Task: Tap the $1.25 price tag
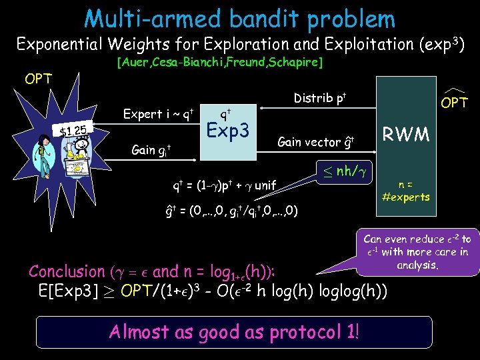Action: coord(73,130)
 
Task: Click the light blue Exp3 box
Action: coord(229,131)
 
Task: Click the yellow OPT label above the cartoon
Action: coord(38,79)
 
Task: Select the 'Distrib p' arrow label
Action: coord(320,99)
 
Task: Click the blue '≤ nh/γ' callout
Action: coord(341,172)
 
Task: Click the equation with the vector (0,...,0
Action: coord(231,211)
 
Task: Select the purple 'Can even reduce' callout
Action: coord(417,251)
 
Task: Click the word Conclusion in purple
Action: coord(67,271)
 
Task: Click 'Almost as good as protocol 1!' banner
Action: coord(234,331)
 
